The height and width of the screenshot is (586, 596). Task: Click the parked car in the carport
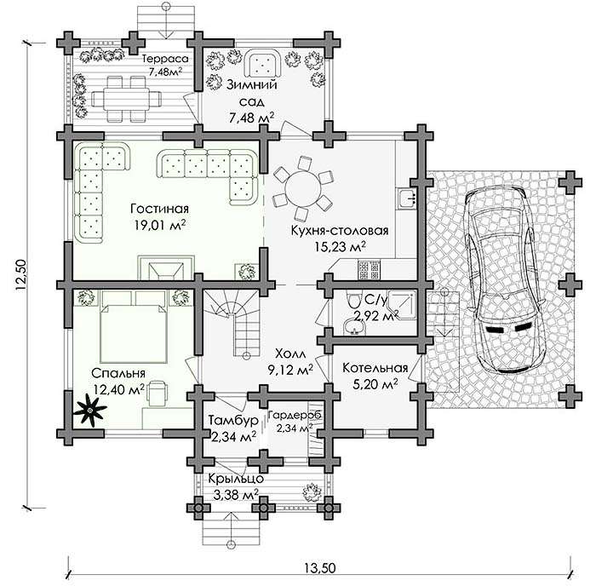click(504, 279)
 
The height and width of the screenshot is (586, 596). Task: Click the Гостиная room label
click(160, 209)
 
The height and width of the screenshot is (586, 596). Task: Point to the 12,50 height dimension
click(21, 275)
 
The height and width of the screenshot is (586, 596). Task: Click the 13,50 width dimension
click(320, 568)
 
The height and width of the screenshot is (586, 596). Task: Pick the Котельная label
click(375, 368)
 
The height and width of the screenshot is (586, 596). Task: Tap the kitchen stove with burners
click(369, 270)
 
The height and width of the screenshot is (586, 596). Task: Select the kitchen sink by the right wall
click(408, 198)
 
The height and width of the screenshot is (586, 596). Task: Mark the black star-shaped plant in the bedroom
click(90, 411)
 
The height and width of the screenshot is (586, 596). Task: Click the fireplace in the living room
click(166, 268)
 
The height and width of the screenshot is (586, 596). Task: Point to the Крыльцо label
click(236, 478)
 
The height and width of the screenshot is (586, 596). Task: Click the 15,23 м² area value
click(341, 247)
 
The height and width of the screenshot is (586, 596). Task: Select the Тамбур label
click(233, 421)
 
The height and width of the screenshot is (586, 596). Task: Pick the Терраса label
click(165, 59)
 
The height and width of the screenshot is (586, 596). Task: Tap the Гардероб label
click(295, 415)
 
